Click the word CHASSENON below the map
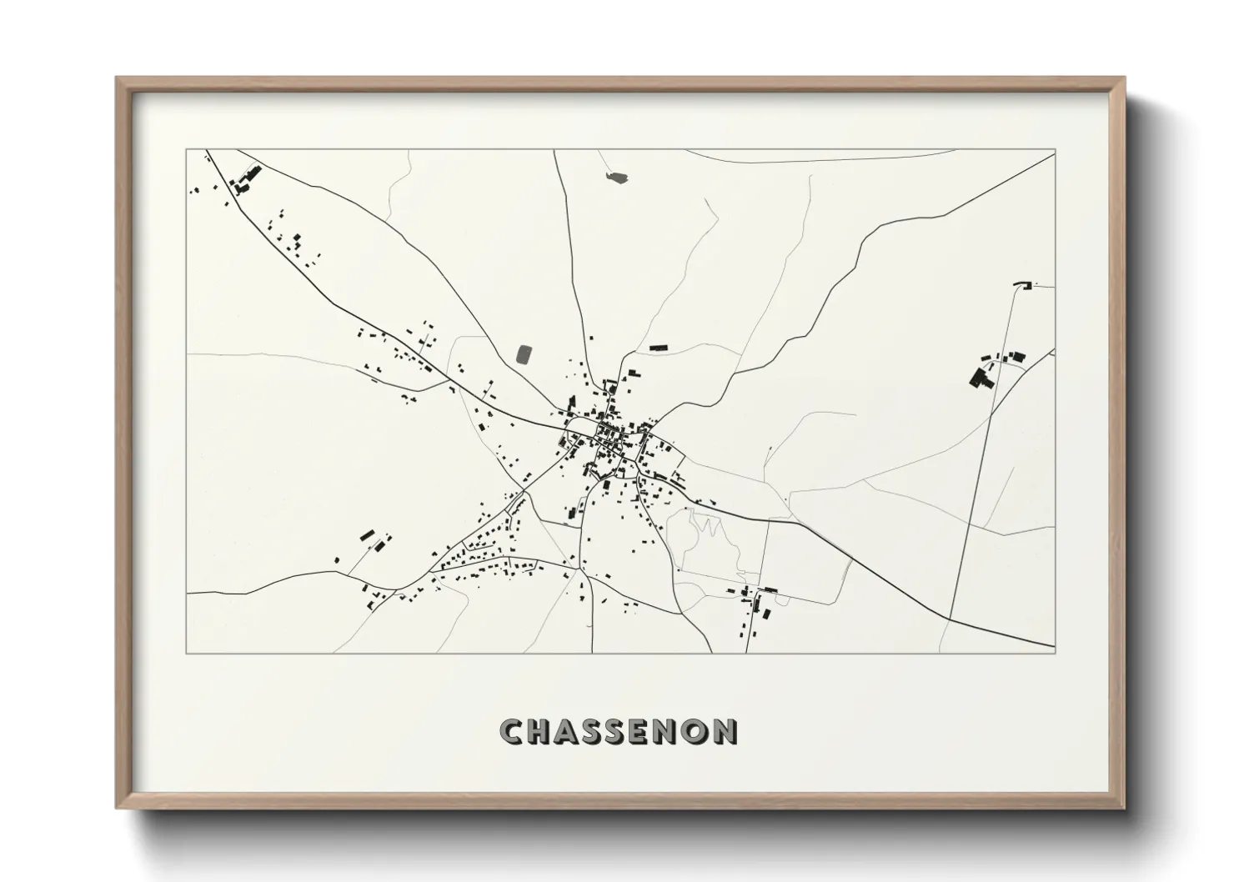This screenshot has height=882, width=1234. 618,732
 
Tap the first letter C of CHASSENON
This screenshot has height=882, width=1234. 511,732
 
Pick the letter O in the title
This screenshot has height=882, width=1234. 697,732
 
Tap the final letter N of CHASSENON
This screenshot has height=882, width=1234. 725,732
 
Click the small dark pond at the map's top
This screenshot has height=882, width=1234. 617,177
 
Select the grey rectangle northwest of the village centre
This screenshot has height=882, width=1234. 526,354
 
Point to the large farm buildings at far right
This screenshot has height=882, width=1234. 981,378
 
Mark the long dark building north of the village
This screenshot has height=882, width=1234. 659,347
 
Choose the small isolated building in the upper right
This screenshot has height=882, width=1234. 1022,286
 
